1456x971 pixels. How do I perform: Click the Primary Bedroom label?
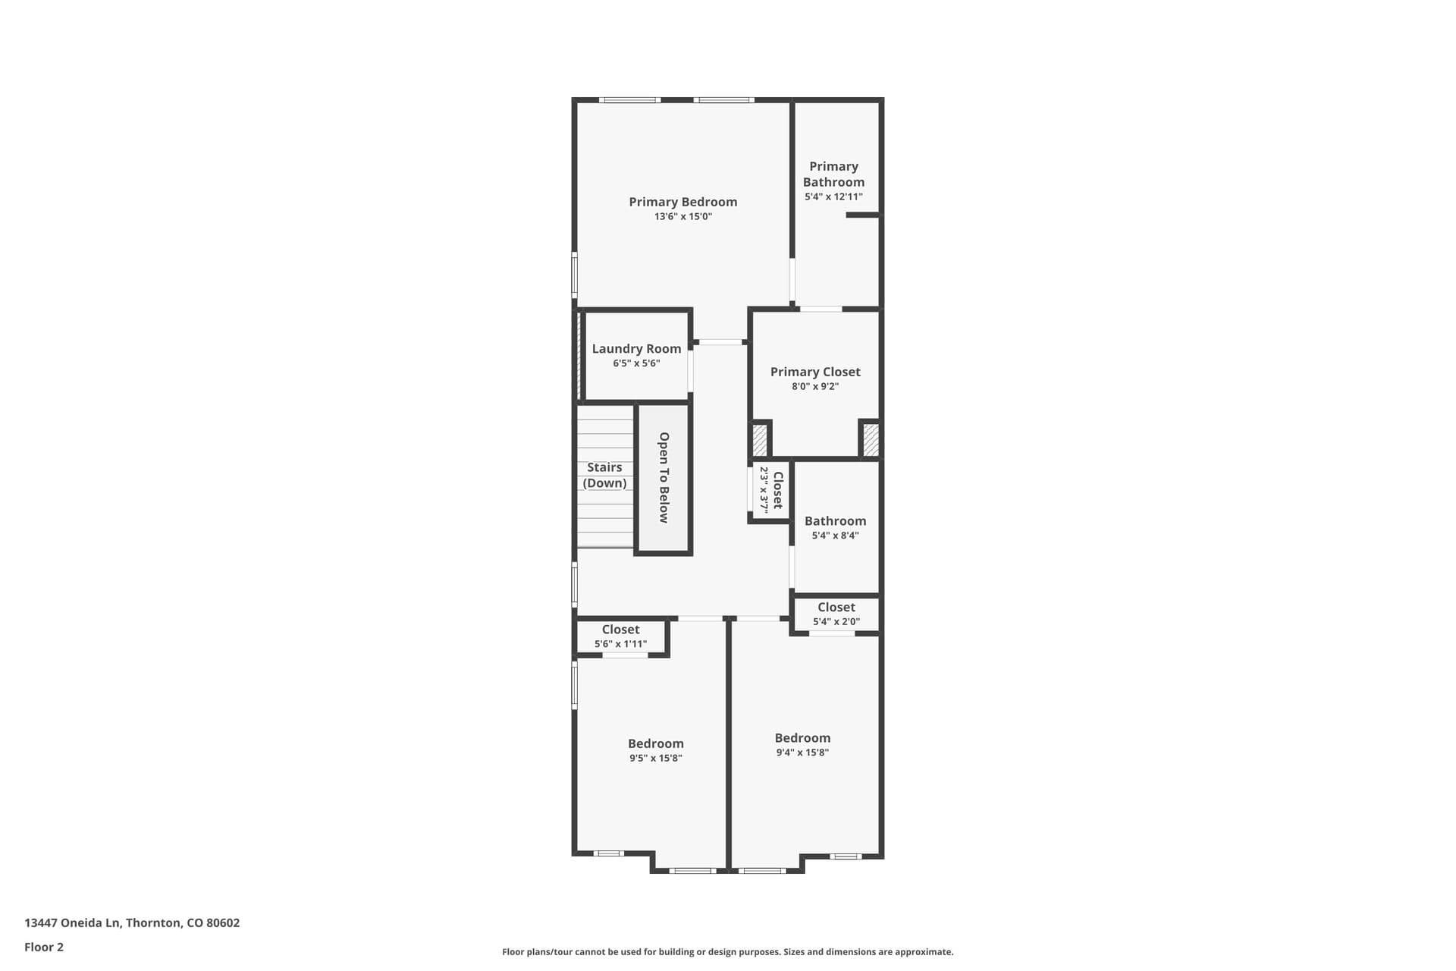pos(682,202)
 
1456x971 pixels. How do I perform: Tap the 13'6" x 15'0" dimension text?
pos(682,217)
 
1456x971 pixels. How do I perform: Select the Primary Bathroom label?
pos(833,174)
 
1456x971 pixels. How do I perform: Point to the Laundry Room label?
pos(636,349)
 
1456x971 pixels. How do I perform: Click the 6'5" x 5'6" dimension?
pos(636,363)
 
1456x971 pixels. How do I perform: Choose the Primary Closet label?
pos(815,372)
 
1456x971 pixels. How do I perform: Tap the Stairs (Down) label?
pos(604,475)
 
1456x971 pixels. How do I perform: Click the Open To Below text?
pos(664,478)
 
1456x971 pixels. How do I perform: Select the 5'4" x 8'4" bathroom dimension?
pos(835,536)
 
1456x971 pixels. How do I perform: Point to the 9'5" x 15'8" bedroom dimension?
pos(655,758)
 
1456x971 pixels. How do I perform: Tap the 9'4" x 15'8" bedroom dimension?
pos(802,753)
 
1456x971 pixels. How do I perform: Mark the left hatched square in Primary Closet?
pos(759,440)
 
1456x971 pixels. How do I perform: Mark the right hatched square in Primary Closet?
pos(871,440)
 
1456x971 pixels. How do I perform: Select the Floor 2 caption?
pos(44,947)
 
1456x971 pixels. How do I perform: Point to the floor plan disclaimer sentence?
pos(727,952)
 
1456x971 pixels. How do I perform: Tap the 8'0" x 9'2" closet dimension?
pos(815,387)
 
